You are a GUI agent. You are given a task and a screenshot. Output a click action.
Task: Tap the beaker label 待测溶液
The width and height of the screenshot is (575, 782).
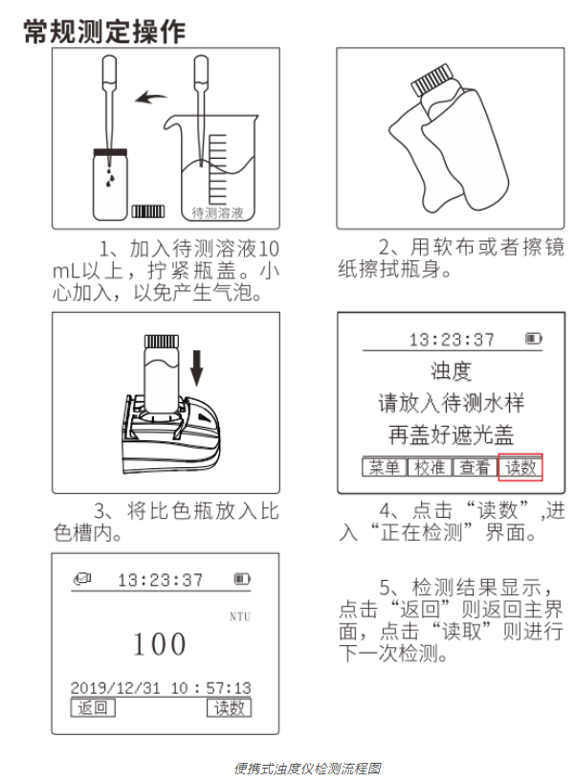point(217,212)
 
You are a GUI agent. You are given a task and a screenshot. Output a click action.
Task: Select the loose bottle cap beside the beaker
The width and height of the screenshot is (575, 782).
point(146,211)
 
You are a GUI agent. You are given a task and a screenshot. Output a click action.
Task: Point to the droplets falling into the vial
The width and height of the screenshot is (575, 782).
point(113,172)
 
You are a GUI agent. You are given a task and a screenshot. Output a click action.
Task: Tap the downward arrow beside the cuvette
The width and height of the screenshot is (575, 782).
point(197,366)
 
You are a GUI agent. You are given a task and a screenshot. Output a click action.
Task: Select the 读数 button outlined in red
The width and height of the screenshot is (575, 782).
point(521,467)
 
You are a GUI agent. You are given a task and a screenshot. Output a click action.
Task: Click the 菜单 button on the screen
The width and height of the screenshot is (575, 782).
point(385,467)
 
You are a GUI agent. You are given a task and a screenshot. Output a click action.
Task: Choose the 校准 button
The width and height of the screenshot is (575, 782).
point(430,467)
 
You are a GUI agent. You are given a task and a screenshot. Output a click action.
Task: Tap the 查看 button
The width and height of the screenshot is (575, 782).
point(474,467)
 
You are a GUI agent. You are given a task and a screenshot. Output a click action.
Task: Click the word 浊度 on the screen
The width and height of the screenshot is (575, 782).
point(451,370)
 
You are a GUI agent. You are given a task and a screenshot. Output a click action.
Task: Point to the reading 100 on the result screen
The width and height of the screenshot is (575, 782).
point(160,644)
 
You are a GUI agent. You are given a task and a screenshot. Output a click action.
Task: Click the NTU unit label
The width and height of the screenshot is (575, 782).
point(239,616)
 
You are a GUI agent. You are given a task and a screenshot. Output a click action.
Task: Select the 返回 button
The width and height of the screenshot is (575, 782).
point(94,708)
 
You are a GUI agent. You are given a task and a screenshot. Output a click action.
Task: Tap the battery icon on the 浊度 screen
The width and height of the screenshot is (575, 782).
point(533,339)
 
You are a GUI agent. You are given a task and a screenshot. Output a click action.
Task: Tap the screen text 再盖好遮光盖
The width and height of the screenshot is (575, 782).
point(451,435)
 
